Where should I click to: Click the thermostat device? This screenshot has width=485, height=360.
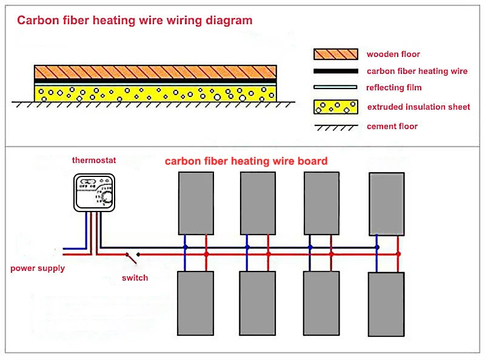(x=95, y=192)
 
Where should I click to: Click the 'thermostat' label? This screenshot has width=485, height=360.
(x=94, y=161)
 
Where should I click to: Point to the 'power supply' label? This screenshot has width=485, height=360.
(x=38, y=268)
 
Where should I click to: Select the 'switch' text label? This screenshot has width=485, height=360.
(x=135, y=278)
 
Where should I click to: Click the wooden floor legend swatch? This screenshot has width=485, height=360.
(x=335, y=55)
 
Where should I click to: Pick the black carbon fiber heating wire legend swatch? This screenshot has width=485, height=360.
(x=335, y=72)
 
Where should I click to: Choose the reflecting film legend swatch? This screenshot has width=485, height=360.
(x=335, y=88)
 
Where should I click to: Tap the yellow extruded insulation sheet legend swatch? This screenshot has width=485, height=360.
(x=335, y=107)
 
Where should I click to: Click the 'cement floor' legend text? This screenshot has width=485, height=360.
(x=392, y=127)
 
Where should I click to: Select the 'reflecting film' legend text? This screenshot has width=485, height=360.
(x=394, y=88)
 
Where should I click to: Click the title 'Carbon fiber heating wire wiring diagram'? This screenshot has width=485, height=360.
(x=135, y=21)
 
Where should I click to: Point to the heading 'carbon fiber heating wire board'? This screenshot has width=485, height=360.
(x=246, y=161)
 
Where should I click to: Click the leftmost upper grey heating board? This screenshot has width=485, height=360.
(x=196, y=203)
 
